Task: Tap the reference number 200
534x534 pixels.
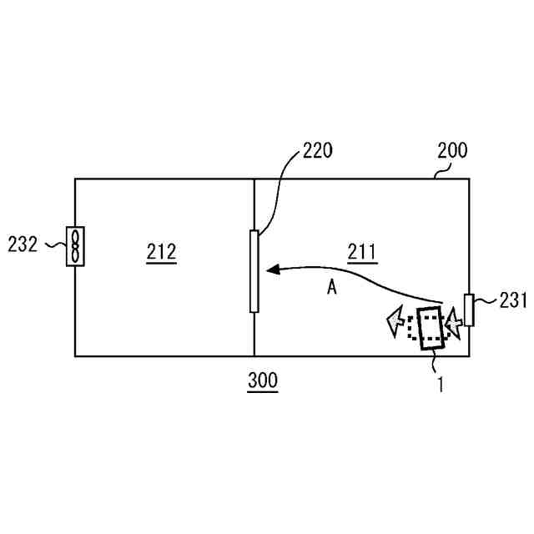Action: pyautogui.click(x=452, y=151)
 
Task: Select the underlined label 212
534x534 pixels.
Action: pyautogui.click(x=161, y=251)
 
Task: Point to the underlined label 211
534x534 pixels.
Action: pyautogui.click(x=361, y=250)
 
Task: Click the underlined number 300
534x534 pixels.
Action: pyautogui.click(x=263, y=381)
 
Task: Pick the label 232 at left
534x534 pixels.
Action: pyautogui.click(x=23, y=244)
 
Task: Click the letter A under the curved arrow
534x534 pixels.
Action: pyautogui.click(x=331, y=288)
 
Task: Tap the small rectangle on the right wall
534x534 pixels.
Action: pyautogui.click(x=469, y=310)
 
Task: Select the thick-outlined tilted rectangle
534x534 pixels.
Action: pyautogui.click(x=432, y=328)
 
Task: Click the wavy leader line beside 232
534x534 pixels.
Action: pyautogui.click(x=53, y=245)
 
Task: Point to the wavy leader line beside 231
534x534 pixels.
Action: pyautogui.click(x=486, y=301)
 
